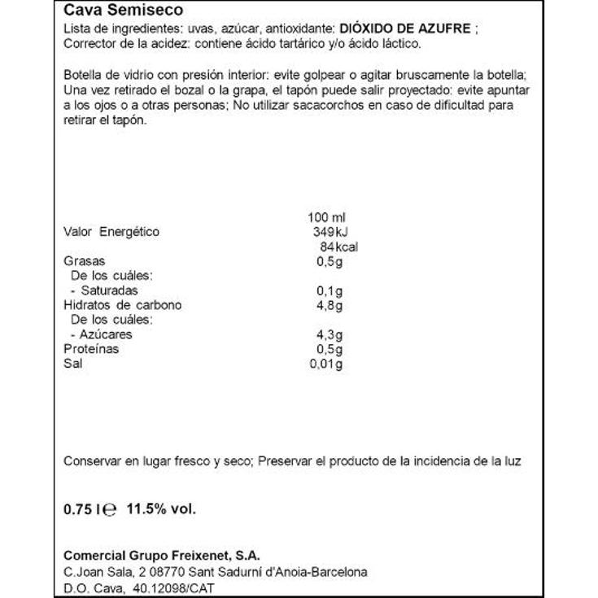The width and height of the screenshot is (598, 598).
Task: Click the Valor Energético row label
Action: (111, 233)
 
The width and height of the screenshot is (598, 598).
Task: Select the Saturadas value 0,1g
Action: (329, 290)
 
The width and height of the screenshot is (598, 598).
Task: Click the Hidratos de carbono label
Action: (122, 305)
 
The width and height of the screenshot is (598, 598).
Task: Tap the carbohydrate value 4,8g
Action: (329, 305)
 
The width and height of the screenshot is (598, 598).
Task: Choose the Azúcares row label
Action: (101, 334)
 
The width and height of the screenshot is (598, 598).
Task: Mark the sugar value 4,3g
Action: (329, 334)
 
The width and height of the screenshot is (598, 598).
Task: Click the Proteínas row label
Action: (91, 349)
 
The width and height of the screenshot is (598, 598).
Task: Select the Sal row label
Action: (73, 364)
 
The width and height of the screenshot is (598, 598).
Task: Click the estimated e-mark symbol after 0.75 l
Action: (111, 510)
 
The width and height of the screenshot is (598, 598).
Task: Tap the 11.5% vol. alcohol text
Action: (163, 509)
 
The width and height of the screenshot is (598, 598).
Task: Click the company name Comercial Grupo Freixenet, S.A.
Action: (162, 557)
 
